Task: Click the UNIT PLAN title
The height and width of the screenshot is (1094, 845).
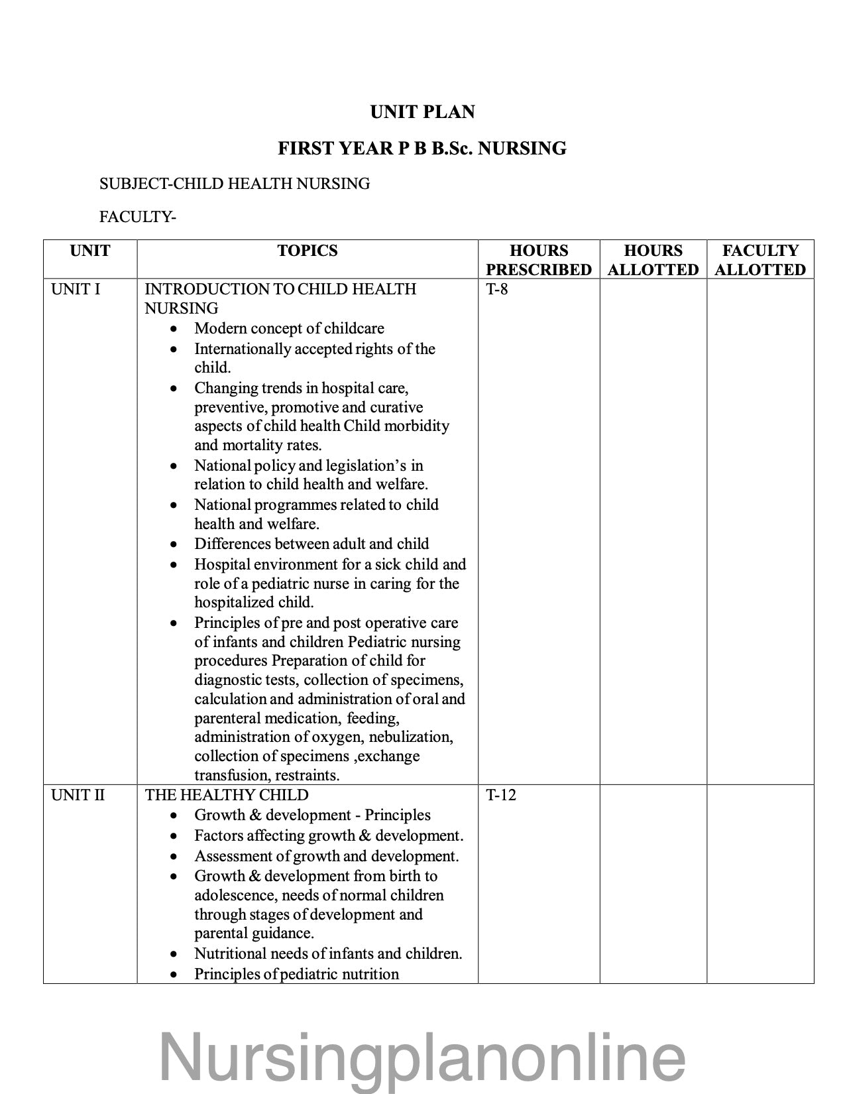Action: coord(422,112)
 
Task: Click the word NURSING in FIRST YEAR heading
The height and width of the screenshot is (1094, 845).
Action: coord(522,148)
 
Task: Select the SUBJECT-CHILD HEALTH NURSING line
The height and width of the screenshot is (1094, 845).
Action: coord(235,184)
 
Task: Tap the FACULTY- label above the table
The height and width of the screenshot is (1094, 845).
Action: coord(137,217)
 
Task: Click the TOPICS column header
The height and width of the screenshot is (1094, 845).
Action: coord(308,251)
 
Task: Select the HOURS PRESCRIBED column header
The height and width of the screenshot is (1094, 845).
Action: coord(538,260)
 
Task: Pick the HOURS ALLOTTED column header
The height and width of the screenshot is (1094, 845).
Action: coord(653,260)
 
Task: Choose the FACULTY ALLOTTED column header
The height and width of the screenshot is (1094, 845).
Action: coord(760,260)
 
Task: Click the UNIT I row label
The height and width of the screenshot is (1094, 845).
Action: coord(76,289)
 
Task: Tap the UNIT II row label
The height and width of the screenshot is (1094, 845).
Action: coord(78,795)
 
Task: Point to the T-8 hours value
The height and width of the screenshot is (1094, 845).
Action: coord(497,289)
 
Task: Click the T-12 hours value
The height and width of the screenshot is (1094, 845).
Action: coord(500,795)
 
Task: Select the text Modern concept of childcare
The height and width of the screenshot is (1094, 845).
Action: coord(289,328)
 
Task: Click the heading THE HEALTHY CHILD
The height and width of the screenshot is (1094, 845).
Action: coord(227,795)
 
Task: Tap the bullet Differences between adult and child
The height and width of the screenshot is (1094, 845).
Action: coord(311,544)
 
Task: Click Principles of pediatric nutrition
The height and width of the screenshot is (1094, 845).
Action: coord(296,974)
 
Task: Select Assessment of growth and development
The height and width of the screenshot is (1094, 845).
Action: coord(326,856)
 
